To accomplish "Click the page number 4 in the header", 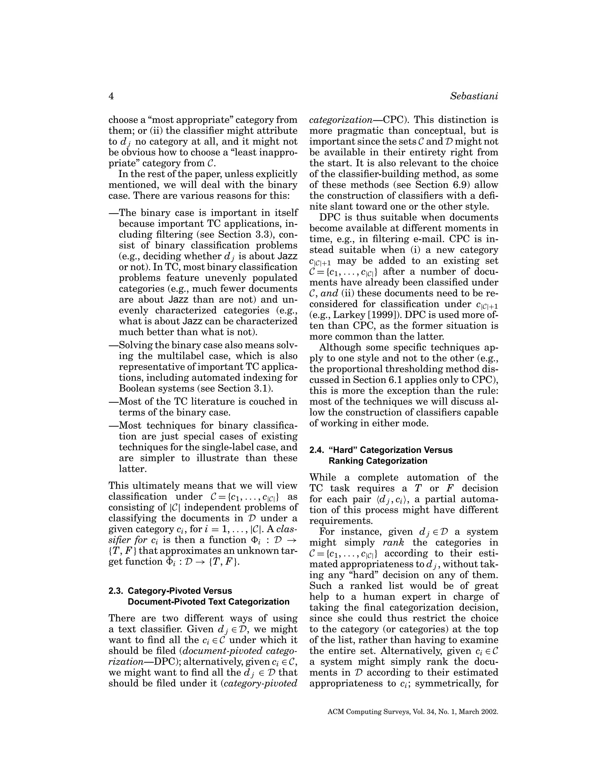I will [x=111, y=96].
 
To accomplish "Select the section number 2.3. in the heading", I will [x=116, y=591].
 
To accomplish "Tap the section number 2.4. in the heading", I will [x=317, y=450].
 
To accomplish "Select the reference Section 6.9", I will [x=442, y=185].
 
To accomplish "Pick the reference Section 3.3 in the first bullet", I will [x=244, y=235].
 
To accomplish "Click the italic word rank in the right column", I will [x=393, y=542].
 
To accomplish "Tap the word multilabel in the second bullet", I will [x=183, y=356].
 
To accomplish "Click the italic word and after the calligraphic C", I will [x=329, y=294].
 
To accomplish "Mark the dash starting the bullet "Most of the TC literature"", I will [x=114, y=402].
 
